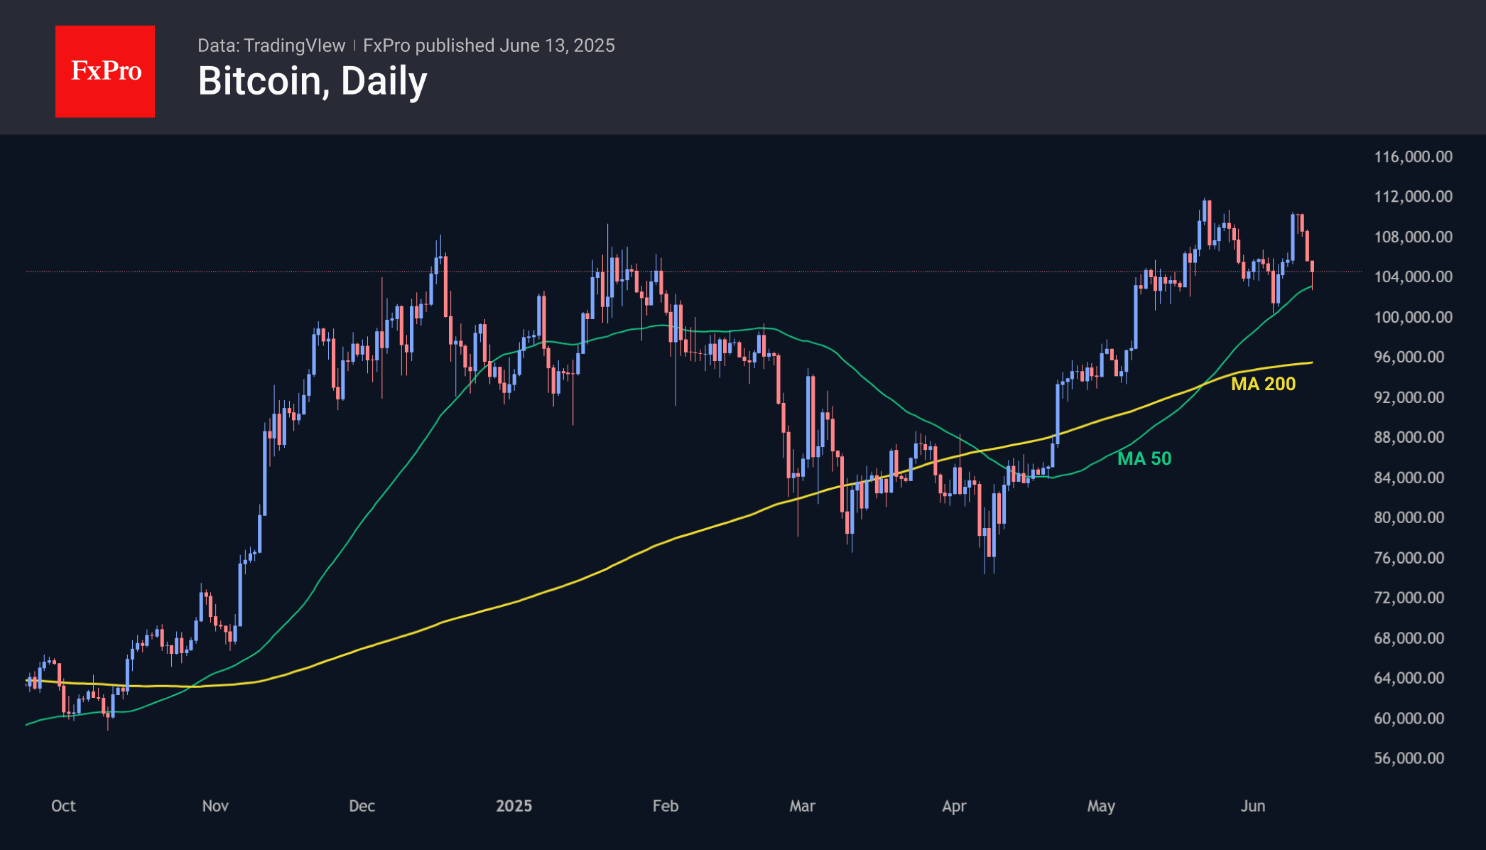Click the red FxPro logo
pyautogui.click(x=105, y=71)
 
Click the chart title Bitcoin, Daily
pyautogui.click(x=313, y=81)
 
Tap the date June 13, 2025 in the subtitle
pyautogui.click(x=557, y=45)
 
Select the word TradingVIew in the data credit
pyautogui.click(x=294, y=45)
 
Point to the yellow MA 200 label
pyautogui.click(x=1263, y=384)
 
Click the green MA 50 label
pyautogui.click(x=1144, y=458)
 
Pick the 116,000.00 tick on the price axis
pyautogui.click(x=1413, y=157)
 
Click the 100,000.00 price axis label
pyautogui.click(x=1413, y=317)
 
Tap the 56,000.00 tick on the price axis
pyautogui.click(x=1409, y=758)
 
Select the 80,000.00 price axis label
pyautogui.click(x=1409, y=517)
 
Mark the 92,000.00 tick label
pyautogui.click(x=1409, y=397)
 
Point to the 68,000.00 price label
pyautogui.click(x=1409, y=638)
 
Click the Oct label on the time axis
pyautogui.click(x=63, y=806)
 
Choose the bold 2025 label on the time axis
pyautogui.click(x=514, y=806)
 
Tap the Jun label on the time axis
pyautogui.click(x=1253, y=806)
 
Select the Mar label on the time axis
pyautogui.click(x=802, y=806)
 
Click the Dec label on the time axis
pyautogui.click(x=362, y=806)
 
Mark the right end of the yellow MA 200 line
pyautogui.click(x=1311, y=363)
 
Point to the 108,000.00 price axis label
pyautogui.click(x=1413, y=237)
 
